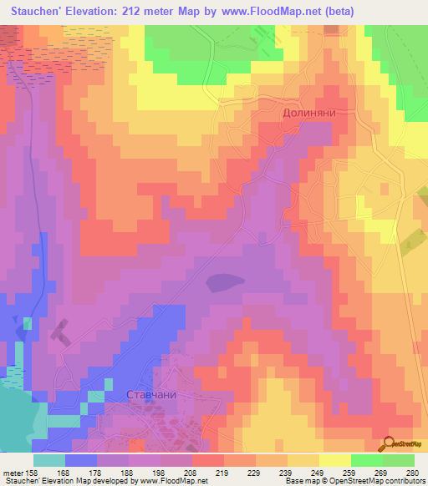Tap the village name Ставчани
pyautogui.click(x=150, y=393)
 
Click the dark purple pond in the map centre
pyautogui.click(x=225, y=282)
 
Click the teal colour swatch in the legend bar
pyautogui.click(x=48, y=459)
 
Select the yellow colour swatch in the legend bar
pyautogui.click(x=334, y=459)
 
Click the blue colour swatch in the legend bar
pyautogui.click(x=81, y=459)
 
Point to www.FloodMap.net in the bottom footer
pyautogui.click(x=171, y=481)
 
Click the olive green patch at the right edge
pyautogui.click(x=410, y=242)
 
